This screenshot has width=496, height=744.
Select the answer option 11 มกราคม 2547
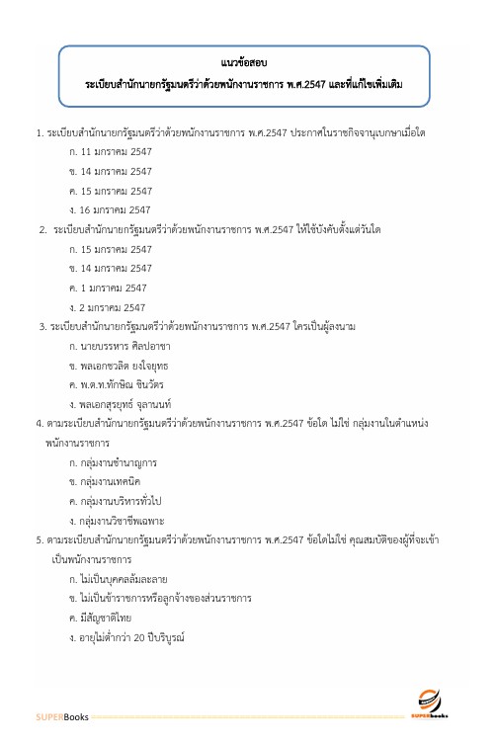pyautogui.click(x=110, y=154)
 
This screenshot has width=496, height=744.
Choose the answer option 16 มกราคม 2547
pyautogui.click(x=110, y=209)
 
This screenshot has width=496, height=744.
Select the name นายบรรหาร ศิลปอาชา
pyautogui.click(x=120, y=346)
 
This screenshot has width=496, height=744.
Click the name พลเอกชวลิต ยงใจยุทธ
pyautogui.click(x=123, y=366)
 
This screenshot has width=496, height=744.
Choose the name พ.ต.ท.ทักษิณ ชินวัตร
pyautogui.click(x=122, y=384)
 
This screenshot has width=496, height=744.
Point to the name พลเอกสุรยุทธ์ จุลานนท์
pyautogui.click(x=125, y=404)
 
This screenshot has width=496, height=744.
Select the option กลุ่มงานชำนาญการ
pyautogui.click(x=114, y=461)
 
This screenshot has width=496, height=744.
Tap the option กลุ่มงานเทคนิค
pyautogui.click(x=109, y=481)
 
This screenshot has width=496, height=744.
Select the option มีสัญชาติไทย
pyautogui.click(x=102, y=618)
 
